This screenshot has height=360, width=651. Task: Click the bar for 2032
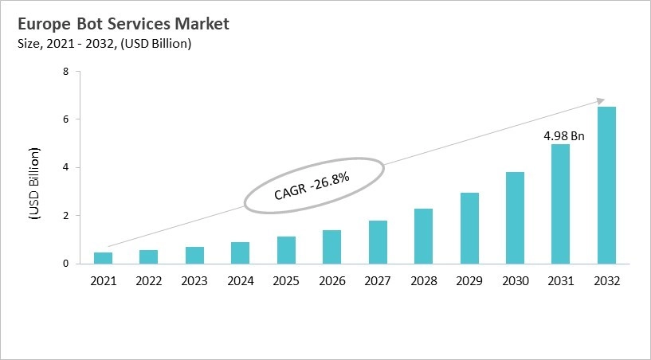point(606,185)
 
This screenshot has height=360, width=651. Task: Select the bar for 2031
point(560,204)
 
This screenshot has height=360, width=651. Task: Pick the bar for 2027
point(378,242)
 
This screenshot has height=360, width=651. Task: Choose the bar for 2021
point(103,258)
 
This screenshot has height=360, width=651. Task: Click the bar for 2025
point(286,250)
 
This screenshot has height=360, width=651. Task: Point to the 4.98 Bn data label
point(564,136)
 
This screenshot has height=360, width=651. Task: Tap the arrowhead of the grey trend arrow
point(599,101)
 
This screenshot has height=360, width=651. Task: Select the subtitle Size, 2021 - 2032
point(104,44)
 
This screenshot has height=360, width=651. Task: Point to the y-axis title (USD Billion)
point(34,182)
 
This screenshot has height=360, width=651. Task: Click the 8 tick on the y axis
point(65,72)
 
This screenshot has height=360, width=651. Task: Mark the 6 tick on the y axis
point(65,119)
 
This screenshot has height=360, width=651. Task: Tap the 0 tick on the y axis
point(65,264)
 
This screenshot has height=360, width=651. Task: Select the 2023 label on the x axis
point(194,280)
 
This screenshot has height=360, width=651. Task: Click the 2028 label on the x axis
point(423,280)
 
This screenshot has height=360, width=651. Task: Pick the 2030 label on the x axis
point(515,280)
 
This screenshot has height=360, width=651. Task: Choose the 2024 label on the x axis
point(240,280)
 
